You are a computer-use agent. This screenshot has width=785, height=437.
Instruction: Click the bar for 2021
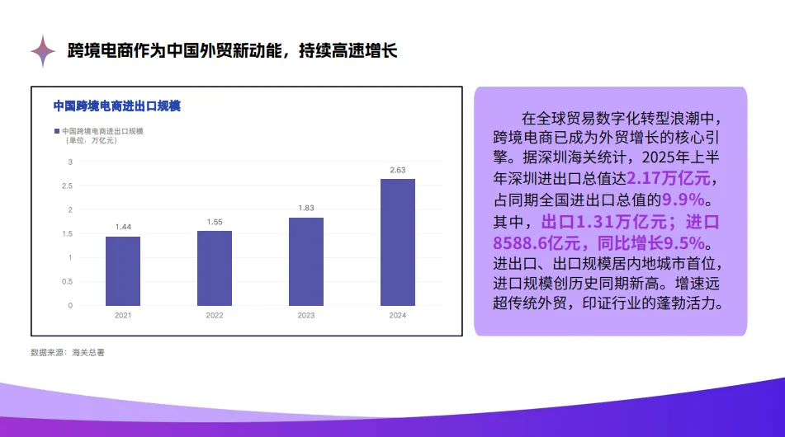click(x=123, y=271)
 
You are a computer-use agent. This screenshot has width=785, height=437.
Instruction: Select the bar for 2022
click(x=215, y=268)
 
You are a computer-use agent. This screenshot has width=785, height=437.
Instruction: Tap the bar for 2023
click(x=306, y=261)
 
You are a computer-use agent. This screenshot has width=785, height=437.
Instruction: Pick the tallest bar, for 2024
click(x=398, y=242)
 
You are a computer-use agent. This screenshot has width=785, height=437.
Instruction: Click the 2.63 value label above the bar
click(x=398, y=170)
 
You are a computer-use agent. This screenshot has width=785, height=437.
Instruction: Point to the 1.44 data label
click(x=123, y=227)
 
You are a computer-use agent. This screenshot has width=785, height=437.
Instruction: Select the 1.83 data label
click(x=306, y=208)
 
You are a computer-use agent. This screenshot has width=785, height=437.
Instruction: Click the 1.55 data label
click(x=215, y=222)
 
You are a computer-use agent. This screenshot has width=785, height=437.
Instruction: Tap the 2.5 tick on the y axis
click(x=67, y=186)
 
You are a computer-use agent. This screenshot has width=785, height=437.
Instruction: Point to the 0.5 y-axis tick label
click(x=67, y=281)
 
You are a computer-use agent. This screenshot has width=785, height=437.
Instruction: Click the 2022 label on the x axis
click(x=215, y=316)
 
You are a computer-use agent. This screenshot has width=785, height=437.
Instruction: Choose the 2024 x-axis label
click(x=398, y=316)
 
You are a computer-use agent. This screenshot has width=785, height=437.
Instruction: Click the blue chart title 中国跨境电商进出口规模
click(x=116, y=106)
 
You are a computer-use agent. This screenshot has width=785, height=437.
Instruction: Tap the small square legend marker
click(x=57, y=131)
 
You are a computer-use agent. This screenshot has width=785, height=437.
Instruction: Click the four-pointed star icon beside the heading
click(x=43, y=51)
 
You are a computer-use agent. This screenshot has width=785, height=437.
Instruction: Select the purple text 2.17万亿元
click(x=669, y=178)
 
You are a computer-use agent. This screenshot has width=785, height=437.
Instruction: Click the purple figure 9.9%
click(x=683, y=200)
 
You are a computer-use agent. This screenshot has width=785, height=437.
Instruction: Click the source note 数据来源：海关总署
click(x=68, y=353)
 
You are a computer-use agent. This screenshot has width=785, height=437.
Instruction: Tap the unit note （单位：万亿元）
click(x=91, y=140)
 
